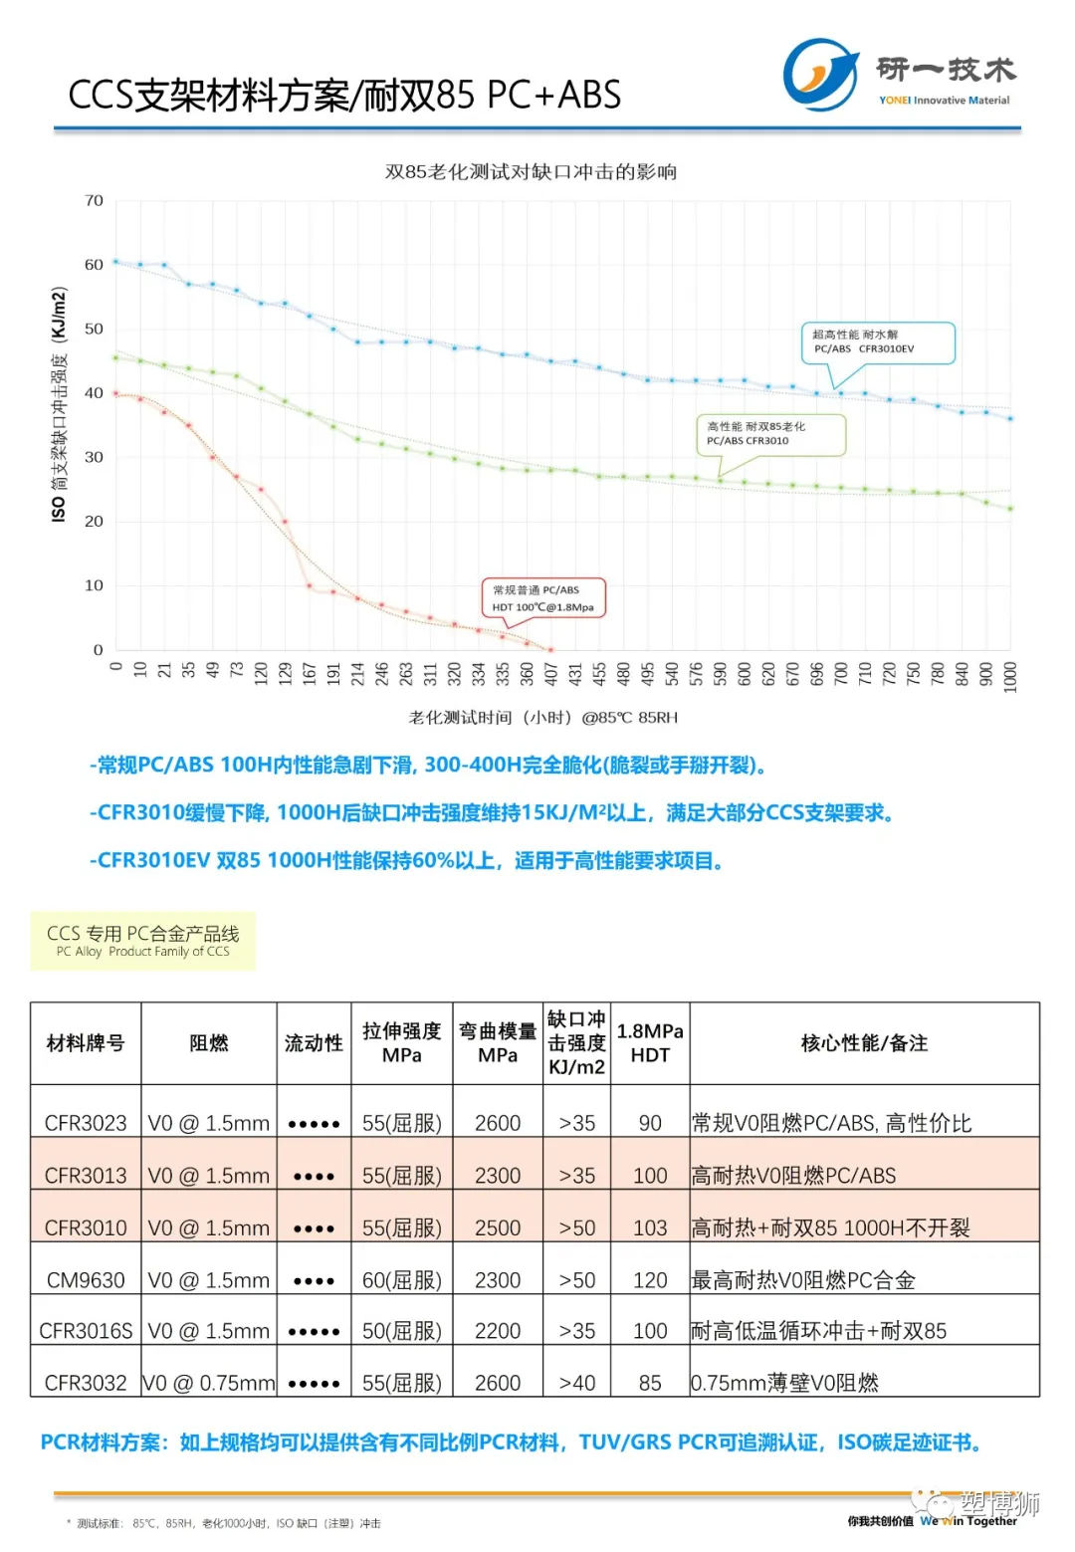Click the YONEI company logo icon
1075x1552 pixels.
(820, 75)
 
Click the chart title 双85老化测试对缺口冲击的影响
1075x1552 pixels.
(531, 172)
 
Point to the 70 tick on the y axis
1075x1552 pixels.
(95, 201)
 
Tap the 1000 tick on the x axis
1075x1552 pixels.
(1010, 676)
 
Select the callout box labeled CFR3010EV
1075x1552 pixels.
(878, 342)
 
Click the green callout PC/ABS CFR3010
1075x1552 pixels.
(770, 434)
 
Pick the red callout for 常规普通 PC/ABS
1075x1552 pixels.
(543, 598)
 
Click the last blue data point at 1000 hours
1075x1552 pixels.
(1010, 419)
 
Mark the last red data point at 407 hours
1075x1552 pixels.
(550, 650)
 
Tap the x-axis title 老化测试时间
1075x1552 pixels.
(542, 718)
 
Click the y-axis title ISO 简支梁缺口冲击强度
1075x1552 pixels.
(60, 404)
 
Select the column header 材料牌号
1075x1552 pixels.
(86, 1043)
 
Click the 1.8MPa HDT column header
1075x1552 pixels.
(650, 1043)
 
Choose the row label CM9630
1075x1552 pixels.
(86, 1280)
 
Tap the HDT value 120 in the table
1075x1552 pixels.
(650, 1280)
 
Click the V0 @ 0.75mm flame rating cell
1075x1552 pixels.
(209, 1383)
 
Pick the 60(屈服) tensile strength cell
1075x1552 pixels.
(401, 1280)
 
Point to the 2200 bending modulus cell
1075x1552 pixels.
(498, 1331)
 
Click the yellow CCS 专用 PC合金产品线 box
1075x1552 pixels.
(143, 941)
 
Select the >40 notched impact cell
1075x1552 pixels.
(577, 1383)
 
